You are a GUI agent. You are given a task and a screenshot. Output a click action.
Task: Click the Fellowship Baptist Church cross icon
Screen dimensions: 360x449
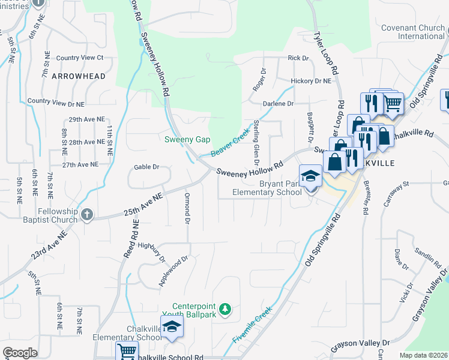pyautogui.click(x=87, y=214)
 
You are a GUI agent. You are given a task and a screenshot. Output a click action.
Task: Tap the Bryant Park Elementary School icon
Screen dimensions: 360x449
pyautogui.click(x=310, y=176)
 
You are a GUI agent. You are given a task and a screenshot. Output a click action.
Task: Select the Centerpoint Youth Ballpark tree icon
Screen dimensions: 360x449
pyautogui.click(x=225, y=309)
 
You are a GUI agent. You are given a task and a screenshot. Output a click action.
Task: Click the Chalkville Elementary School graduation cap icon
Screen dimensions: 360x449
pyautogui.click(x=172, y=327)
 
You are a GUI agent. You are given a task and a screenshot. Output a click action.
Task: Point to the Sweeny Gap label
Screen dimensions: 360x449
pyautogui.click(x=188, y=139)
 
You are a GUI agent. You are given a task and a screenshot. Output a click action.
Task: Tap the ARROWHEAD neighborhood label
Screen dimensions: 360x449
pyautogui.click(x=79, y=76)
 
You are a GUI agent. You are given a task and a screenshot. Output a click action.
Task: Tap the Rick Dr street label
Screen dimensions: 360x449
pyautogui.click(x=298, y=58)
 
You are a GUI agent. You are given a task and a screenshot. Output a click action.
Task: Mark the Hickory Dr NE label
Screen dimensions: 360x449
pyautogui.click(x=310, y=81)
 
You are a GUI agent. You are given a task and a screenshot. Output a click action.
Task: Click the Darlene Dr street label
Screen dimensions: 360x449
pyautogui.click(x=281, y=103)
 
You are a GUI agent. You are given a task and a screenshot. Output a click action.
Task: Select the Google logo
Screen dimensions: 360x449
pyautogui.click(x=20, y=353)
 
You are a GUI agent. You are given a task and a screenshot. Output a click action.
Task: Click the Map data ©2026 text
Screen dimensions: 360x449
pyautogui.click(x=423, y=355)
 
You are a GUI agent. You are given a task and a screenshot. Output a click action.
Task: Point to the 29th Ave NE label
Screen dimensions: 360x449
pyautogui.click(x=86, y=120)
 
